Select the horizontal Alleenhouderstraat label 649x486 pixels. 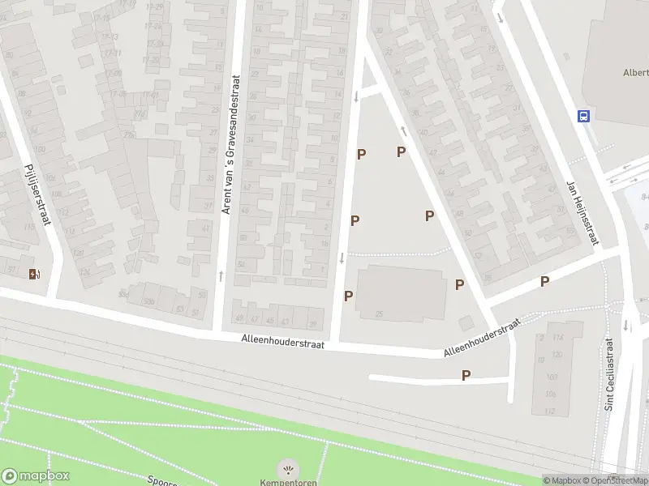point(282,343)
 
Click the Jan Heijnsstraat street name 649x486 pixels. point(582,212)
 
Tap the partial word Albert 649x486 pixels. point(635,72)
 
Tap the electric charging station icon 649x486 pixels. point(33,274)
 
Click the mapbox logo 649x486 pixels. point(36,476)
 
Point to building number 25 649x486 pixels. point(379,313)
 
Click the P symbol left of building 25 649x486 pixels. point(348,296)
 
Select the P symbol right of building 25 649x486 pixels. point(459,284)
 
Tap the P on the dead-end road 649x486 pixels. point(466,375)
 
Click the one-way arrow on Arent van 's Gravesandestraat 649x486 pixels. point(221,276)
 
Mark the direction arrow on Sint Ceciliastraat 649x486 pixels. point(626,326)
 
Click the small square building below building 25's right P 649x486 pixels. point(465,323)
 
